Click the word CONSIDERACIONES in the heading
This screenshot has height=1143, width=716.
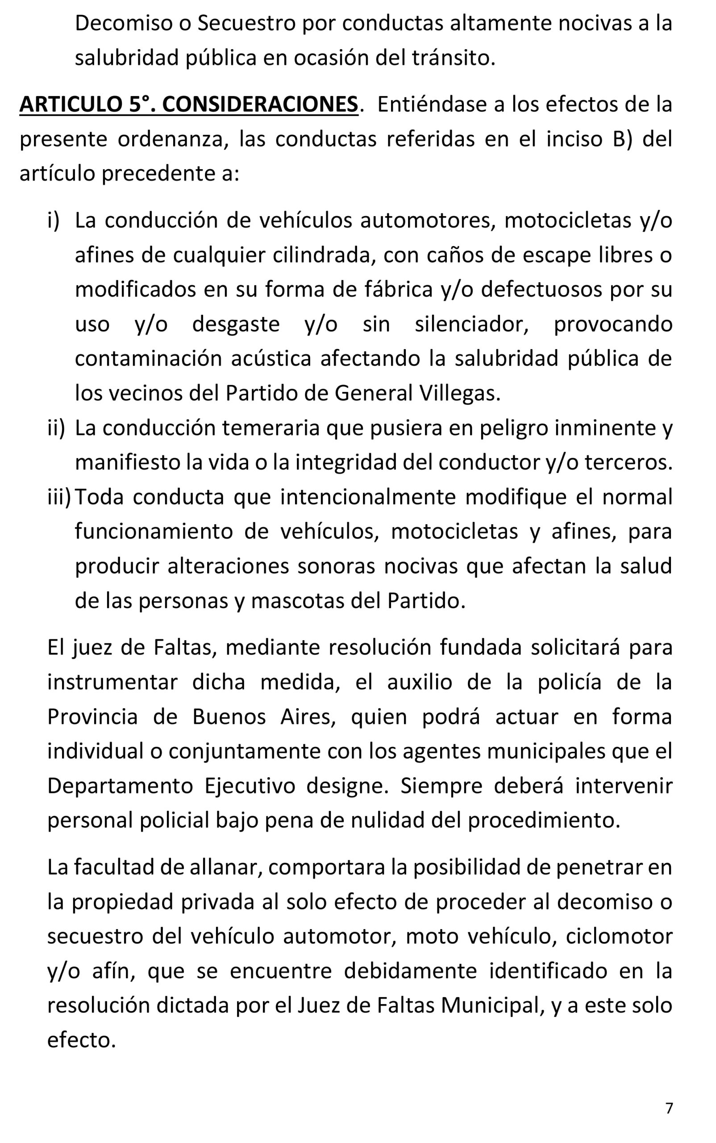tap(260, 104)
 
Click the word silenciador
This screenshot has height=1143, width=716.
tap(471, 325)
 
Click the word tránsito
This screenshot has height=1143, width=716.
tap(453, 58)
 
